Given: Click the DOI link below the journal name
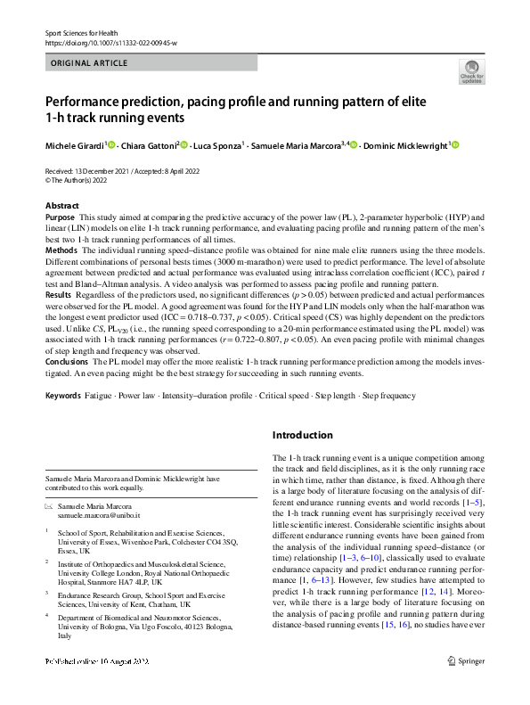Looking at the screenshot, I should point(111,42).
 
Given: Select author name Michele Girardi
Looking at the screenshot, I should point(76,144).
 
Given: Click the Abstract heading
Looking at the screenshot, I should point(61,205).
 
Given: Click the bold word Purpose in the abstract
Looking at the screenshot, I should point(60,217).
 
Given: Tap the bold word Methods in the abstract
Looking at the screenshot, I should point(61,252).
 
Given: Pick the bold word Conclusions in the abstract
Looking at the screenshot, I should point(68,364).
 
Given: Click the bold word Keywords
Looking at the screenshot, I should point(62,394).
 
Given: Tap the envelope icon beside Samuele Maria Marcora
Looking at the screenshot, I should point(50,506).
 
